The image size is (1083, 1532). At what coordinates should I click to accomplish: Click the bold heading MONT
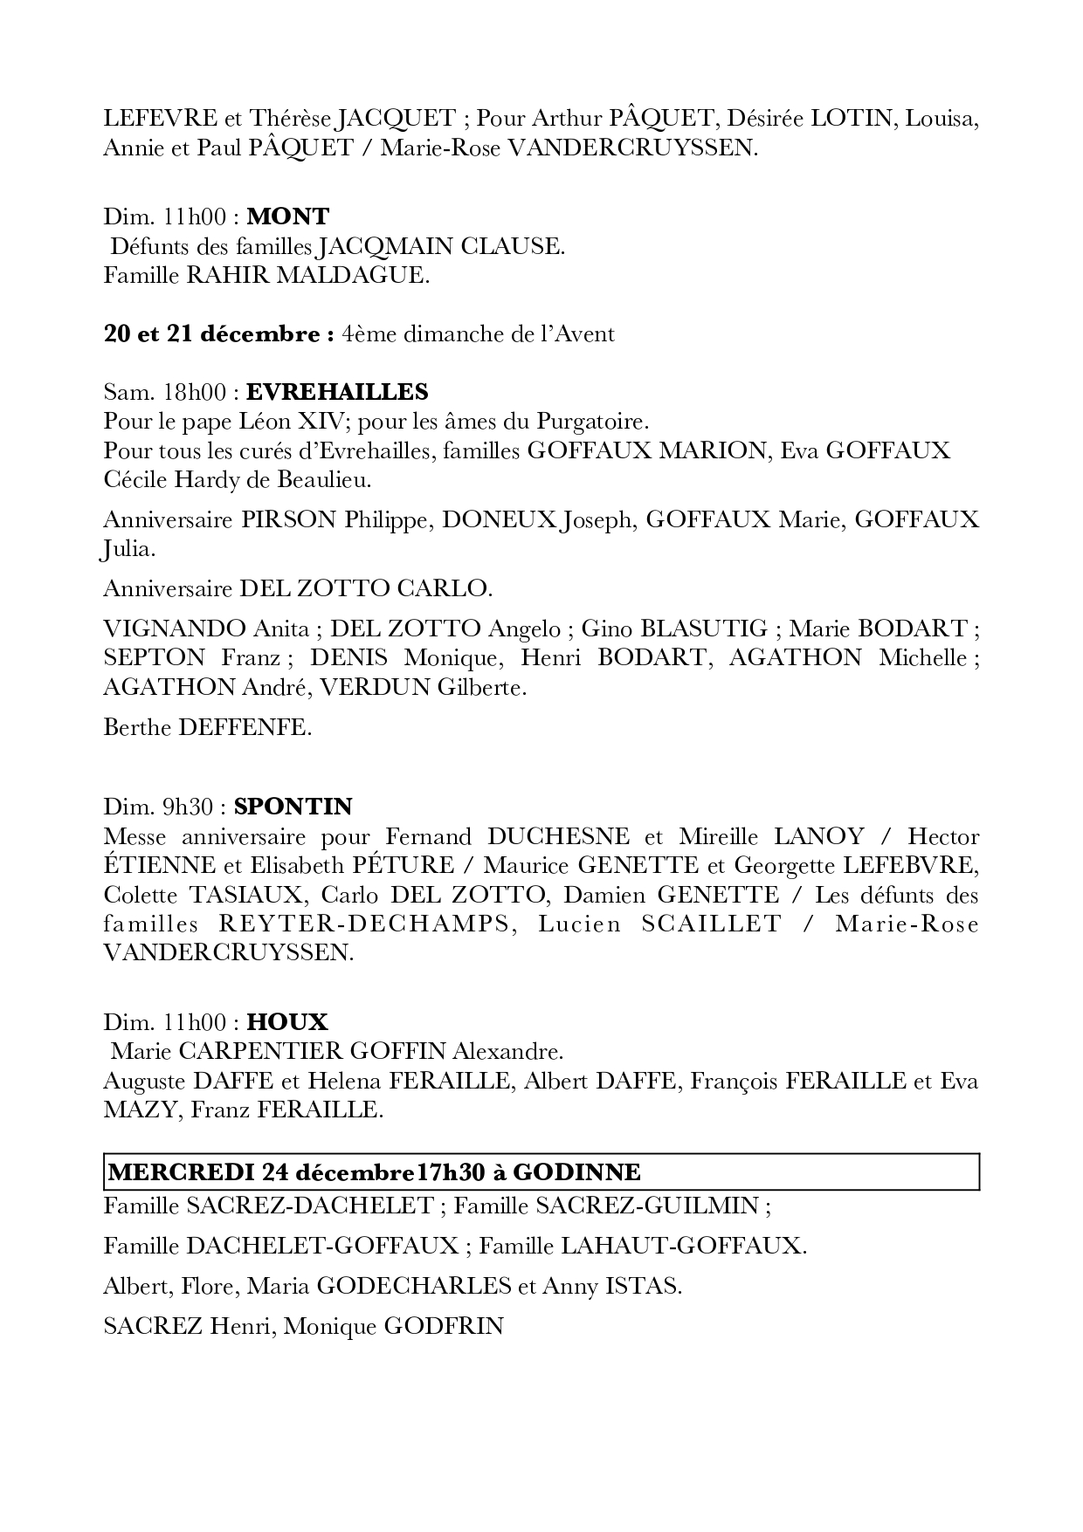287,216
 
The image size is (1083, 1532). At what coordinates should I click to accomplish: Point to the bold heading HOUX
287,1021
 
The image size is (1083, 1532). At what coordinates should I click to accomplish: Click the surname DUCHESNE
558,836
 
